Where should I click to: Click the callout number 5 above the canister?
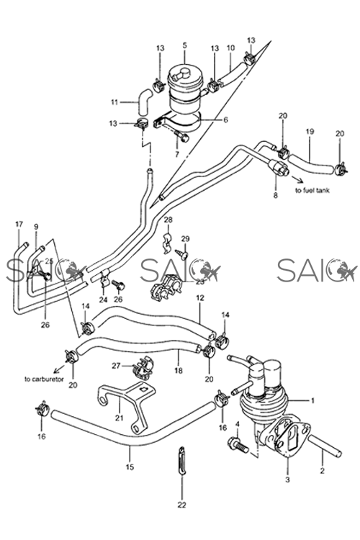click(184, 45)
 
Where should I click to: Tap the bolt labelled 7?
click(181, 136)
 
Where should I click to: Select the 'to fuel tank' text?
click(312, 191)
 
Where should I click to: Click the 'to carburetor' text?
click(44, 379)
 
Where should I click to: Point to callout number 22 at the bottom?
click(181, 505)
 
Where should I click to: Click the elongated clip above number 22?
click(182, 461)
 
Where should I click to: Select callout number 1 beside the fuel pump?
click(312, 400)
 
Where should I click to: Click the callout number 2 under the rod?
click(322, 471)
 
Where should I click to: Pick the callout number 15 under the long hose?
click(130, 468)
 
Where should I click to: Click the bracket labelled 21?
click(127, 408)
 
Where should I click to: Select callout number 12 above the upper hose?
click(200, 297)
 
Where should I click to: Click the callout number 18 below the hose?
click(179, 371)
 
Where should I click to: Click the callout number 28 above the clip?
click(168, 220)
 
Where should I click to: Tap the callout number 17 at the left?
click(19, 224)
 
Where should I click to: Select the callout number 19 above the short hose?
click(310, 131)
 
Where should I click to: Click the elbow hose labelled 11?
click(144, 101)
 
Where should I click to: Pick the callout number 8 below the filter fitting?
click(275, 196)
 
